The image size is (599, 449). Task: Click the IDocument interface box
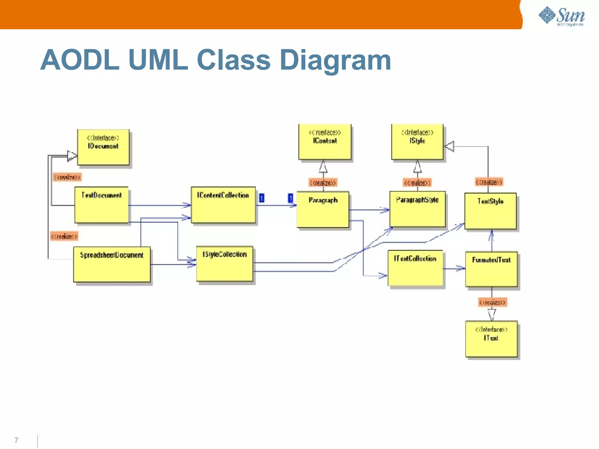(103, 147)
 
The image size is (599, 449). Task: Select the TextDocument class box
(101, 205)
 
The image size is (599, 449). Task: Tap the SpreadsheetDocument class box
(112, 264)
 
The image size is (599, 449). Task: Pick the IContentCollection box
(223, 205)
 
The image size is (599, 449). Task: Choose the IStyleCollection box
(225, 264)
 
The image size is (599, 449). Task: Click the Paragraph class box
(323, 209)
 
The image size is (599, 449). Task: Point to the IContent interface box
(325, 142)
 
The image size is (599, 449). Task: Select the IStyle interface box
(417, 142)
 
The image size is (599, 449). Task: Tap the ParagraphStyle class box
(417, 209)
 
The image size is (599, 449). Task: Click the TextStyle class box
(490, 211)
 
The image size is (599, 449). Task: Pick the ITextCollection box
(415, 268)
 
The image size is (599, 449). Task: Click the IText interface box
(491, 339)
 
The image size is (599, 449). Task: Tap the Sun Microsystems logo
(562, 16)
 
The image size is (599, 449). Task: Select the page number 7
(16, 440)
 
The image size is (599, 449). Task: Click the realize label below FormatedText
(493, 302)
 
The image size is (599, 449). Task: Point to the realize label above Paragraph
(323, 183)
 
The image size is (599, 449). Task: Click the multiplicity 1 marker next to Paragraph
(290, 198)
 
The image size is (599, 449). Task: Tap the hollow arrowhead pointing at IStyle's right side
(450, 146)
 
